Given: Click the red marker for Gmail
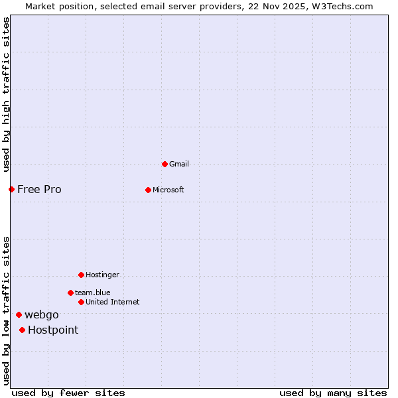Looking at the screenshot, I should pos(165,164).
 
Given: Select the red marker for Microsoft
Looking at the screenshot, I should pos(148,190).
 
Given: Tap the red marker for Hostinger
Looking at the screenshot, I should pos(81,275).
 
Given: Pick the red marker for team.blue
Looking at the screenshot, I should pos(70,293).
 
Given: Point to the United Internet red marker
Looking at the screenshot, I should pos(81,302).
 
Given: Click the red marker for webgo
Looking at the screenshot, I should pos(19,314).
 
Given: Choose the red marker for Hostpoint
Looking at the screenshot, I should pos(22,330).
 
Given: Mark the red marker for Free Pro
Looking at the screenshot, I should pos(11,189).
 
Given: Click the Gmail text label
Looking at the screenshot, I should pos(179,164).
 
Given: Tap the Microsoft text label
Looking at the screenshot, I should pos(168,190).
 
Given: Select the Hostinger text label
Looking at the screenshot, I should pos(102,275).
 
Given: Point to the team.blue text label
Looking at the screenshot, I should pos(92,293).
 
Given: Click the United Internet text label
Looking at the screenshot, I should pos(112,302).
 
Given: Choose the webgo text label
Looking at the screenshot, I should pos(41,314).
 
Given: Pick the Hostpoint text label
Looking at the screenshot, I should pos(53,330).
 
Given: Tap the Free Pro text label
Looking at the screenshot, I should pos(39,189).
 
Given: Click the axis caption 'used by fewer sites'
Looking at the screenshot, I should pos(68,393).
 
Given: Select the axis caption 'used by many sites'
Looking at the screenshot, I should pos(333,393).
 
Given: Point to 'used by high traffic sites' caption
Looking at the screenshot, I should pos(6,94).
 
